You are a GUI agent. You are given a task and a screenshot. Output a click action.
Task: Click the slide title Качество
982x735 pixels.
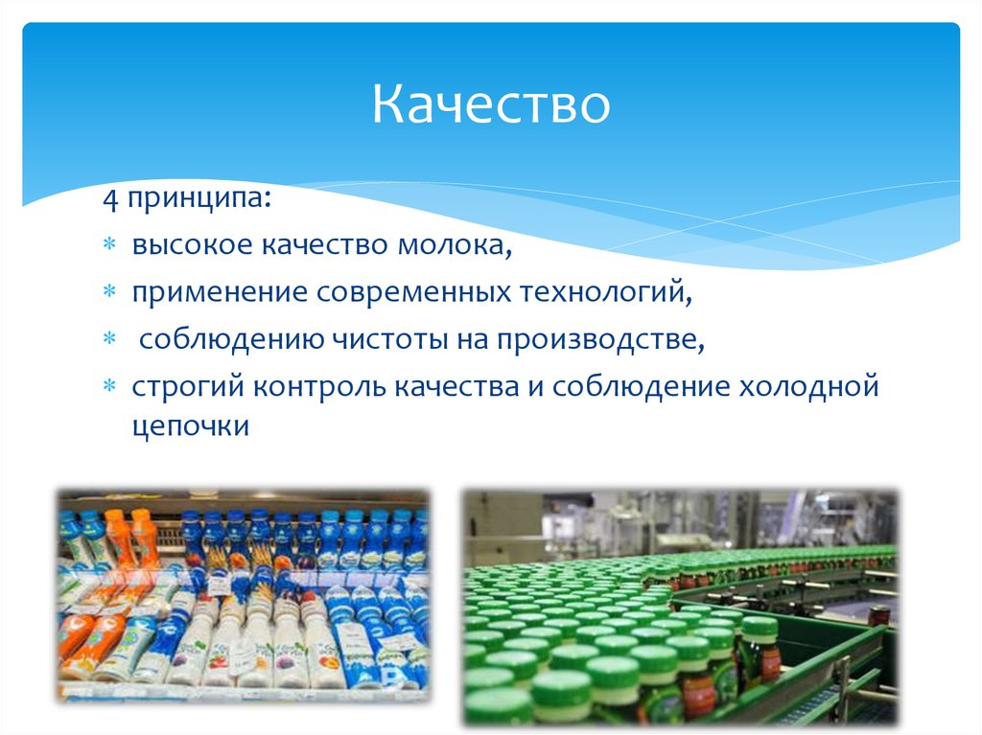[491, 104]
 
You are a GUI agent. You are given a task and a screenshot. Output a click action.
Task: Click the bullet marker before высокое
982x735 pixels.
[109, 247]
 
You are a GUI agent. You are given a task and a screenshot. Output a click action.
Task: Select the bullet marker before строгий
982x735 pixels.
[109, 387]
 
